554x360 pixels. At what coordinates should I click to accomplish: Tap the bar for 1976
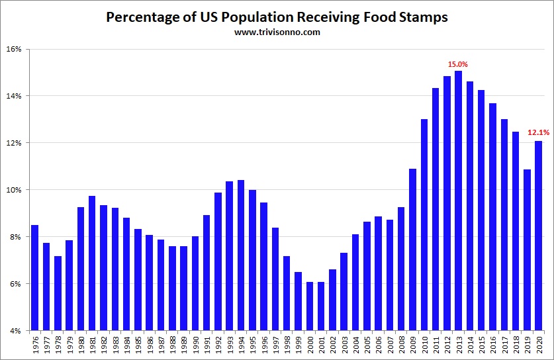(35, 278)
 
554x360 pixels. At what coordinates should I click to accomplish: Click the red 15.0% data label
(458, 64)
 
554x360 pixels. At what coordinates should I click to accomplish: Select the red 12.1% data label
(538, 132)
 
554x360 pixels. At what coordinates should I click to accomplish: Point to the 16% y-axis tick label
(15, 49)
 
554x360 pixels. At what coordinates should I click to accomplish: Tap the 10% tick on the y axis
(15, 190)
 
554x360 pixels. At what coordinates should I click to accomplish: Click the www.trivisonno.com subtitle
(277, 32)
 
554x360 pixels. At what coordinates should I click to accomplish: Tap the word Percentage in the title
(144, 17)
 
